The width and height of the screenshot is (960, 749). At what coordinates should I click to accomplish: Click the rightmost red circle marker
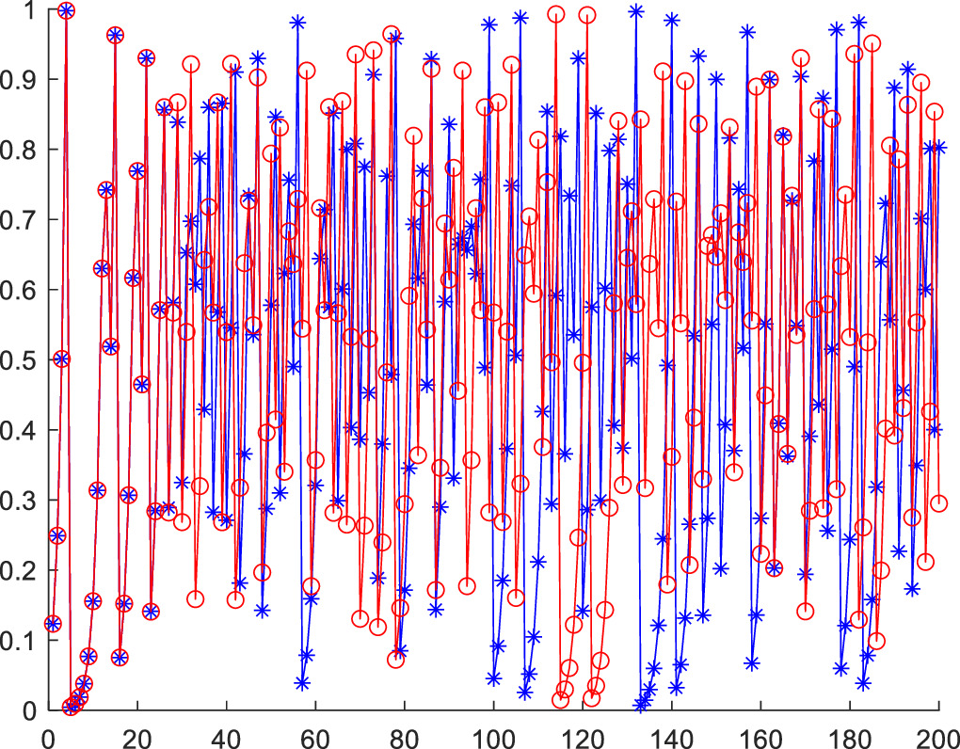coord(938,503)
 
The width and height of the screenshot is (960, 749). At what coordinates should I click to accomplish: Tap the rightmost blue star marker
coord(938,147)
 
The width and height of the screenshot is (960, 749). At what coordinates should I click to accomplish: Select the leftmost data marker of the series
coord(53,623)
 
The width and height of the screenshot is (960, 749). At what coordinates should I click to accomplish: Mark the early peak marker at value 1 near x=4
coord(66,10)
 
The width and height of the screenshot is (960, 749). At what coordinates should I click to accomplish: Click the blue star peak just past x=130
coord(636,11)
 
